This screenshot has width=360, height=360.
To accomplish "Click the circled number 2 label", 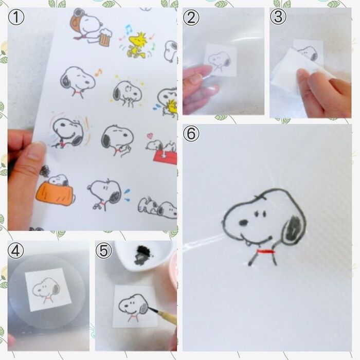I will (x=191, y=17).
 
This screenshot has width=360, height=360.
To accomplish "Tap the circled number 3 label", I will (x=278, y=17).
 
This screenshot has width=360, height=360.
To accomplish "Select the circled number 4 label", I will (x=17, y=250).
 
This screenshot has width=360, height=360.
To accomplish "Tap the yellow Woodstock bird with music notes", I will (x=137, y=43).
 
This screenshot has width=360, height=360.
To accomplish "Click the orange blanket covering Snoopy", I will (x=55, y=194).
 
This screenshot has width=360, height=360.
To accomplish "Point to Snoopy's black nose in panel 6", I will (x=242, y=223).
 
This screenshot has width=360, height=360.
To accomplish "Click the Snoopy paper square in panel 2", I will (x=221, y=60).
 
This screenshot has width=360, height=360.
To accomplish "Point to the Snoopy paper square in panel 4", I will (x=45, y=289).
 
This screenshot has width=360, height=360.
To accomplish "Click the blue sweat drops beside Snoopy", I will (x=127, y=194).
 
